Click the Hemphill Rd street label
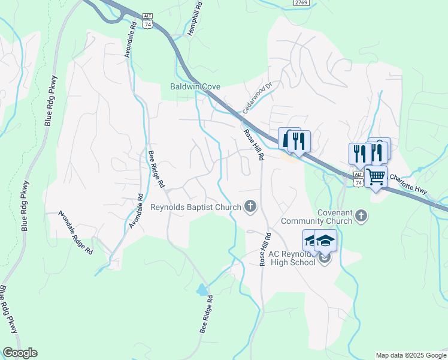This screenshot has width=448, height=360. point(196,20)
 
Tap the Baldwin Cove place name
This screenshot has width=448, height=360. point(195,86)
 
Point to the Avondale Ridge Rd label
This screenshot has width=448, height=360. point(76,233)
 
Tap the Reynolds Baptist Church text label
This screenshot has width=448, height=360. point(195,208)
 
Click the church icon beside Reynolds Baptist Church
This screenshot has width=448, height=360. point(251,208)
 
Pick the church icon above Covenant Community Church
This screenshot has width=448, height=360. point(361,215)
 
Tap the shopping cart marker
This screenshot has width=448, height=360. point(376,177)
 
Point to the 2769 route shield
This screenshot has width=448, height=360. point(302,3)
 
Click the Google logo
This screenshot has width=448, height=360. point(20,353)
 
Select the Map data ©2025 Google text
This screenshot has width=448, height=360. point(411,355)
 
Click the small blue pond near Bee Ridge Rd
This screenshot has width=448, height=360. point(202,290)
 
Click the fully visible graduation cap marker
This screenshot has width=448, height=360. point(325,241)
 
